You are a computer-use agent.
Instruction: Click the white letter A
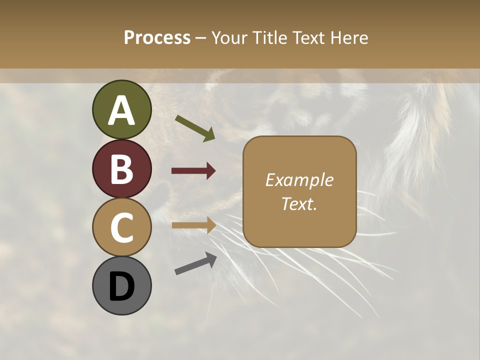point(121,111)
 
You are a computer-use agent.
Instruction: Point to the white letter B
point(121,169)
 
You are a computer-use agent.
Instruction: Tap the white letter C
point(121,227)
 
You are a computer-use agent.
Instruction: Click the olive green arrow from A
point(195,128)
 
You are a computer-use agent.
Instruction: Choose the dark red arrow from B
point(193,171)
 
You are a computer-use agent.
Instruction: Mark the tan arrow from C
point(193,225)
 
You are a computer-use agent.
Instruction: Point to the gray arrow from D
point(195,263)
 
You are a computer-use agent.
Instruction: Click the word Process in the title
point(157,38)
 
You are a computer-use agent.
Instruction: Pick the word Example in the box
point(299,180)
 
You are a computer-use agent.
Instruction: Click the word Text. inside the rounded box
point(299,203)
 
